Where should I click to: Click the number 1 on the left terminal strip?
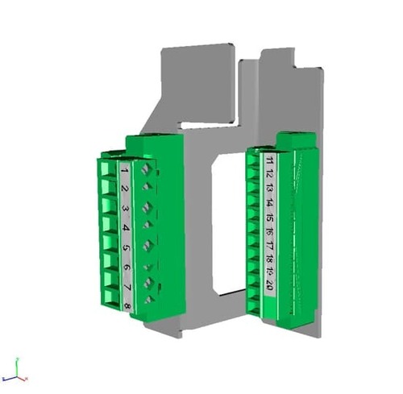pyautogui.click(x=125, y=172)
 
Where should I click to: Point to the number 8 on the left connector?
pyautogui.click(x=127, y=306)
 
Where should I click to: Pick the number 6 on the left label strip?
pyautogui.click(x=127, y=268)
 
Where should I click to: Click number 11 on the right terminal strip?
pyautogui.click(x=268, y=161)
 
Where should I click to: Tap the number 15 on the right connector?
pyautogui.click(x=269, y=218)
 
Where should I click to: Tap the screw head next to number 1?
pyautogui.click(x=145, y=170)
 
